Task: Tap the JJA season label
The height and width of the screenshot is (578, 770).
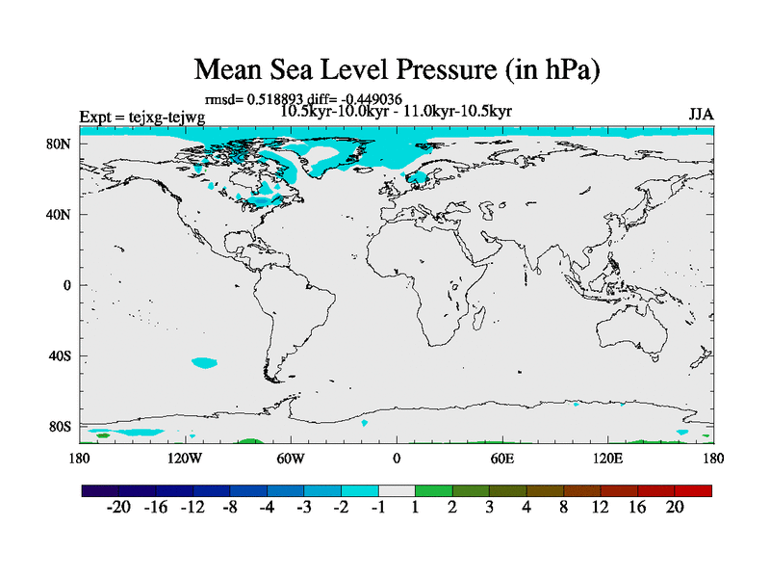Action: point(701,115)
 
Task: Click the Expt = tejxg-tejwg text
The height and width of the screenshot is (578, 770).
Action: point(141,118)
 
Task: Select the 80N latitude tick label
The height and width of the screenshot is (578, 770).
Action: point(60,144)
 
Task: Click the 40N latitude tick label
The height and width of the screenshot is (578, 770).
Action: point(60,214)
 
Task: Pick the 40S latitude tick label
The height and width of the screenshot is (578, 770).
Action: point(60,355)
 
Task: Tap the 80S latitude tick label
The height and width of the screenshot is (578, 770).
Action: point(60,426)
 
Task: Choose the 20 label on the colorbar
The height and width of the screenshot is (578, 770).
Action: point(674,508)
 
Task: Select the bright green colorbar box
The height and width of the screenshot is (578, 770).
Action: point(434,490)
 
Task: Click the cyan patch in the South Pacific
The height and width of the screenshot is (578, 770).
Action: point(204,363)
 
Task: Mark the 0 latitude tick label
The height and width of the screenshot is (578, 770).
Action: point(67,285)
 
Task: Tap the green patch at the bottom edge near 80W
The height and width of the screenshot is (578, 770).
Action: point(248,441)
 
